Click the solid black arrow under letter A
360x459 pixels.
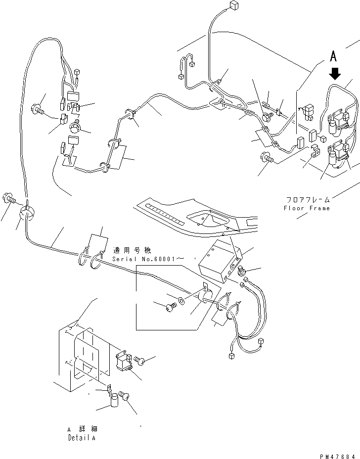pos(335,74)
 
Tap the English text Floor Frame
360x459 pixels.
pos(307,208)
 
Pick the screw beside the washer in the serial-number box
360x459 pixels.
pos(171,306)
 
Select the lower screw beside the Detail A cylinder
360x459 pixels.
pos(124,396)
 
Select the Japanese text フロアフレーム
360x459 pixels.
pos(308,200)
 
